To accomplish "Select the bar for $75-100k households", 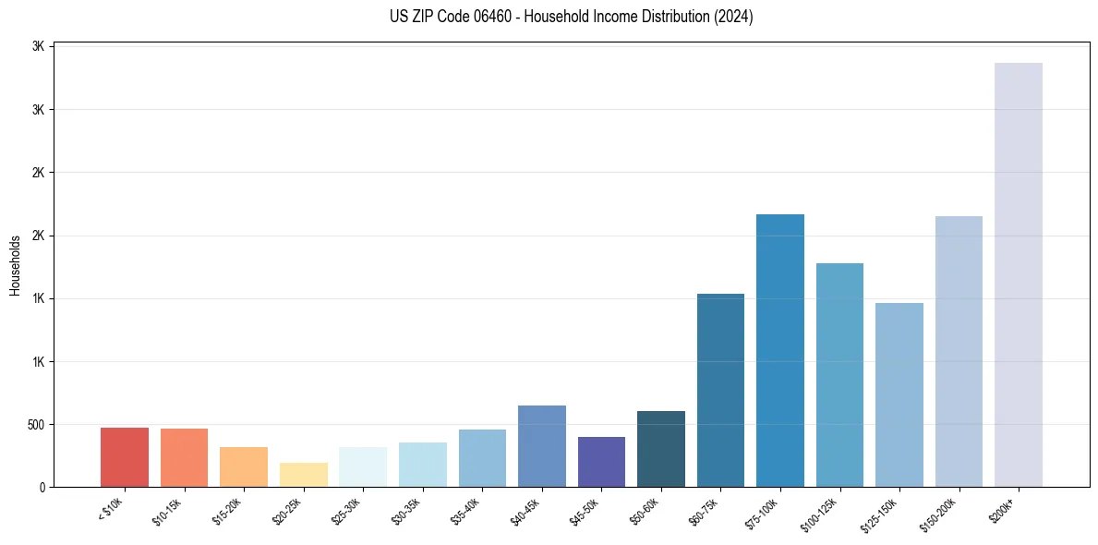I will (779, 350).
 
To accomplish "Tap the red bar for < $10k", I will (125, 457).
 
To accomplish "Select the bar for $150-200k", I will (959, 351).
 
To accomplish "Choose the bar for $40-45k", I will (541, 446).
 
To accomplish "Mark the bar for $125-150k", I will (899, 394).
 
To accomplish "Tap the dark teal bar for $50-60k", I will (660, 449).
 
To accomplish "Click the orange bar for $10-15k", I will (184, 457).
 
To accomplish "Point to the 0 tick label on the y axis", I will (42, 488).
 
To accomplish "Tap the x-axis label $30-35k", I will (407, 511).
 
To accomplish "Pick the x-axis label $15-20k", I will (228, 511).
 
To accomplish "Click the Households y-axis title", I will (15, 265).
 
